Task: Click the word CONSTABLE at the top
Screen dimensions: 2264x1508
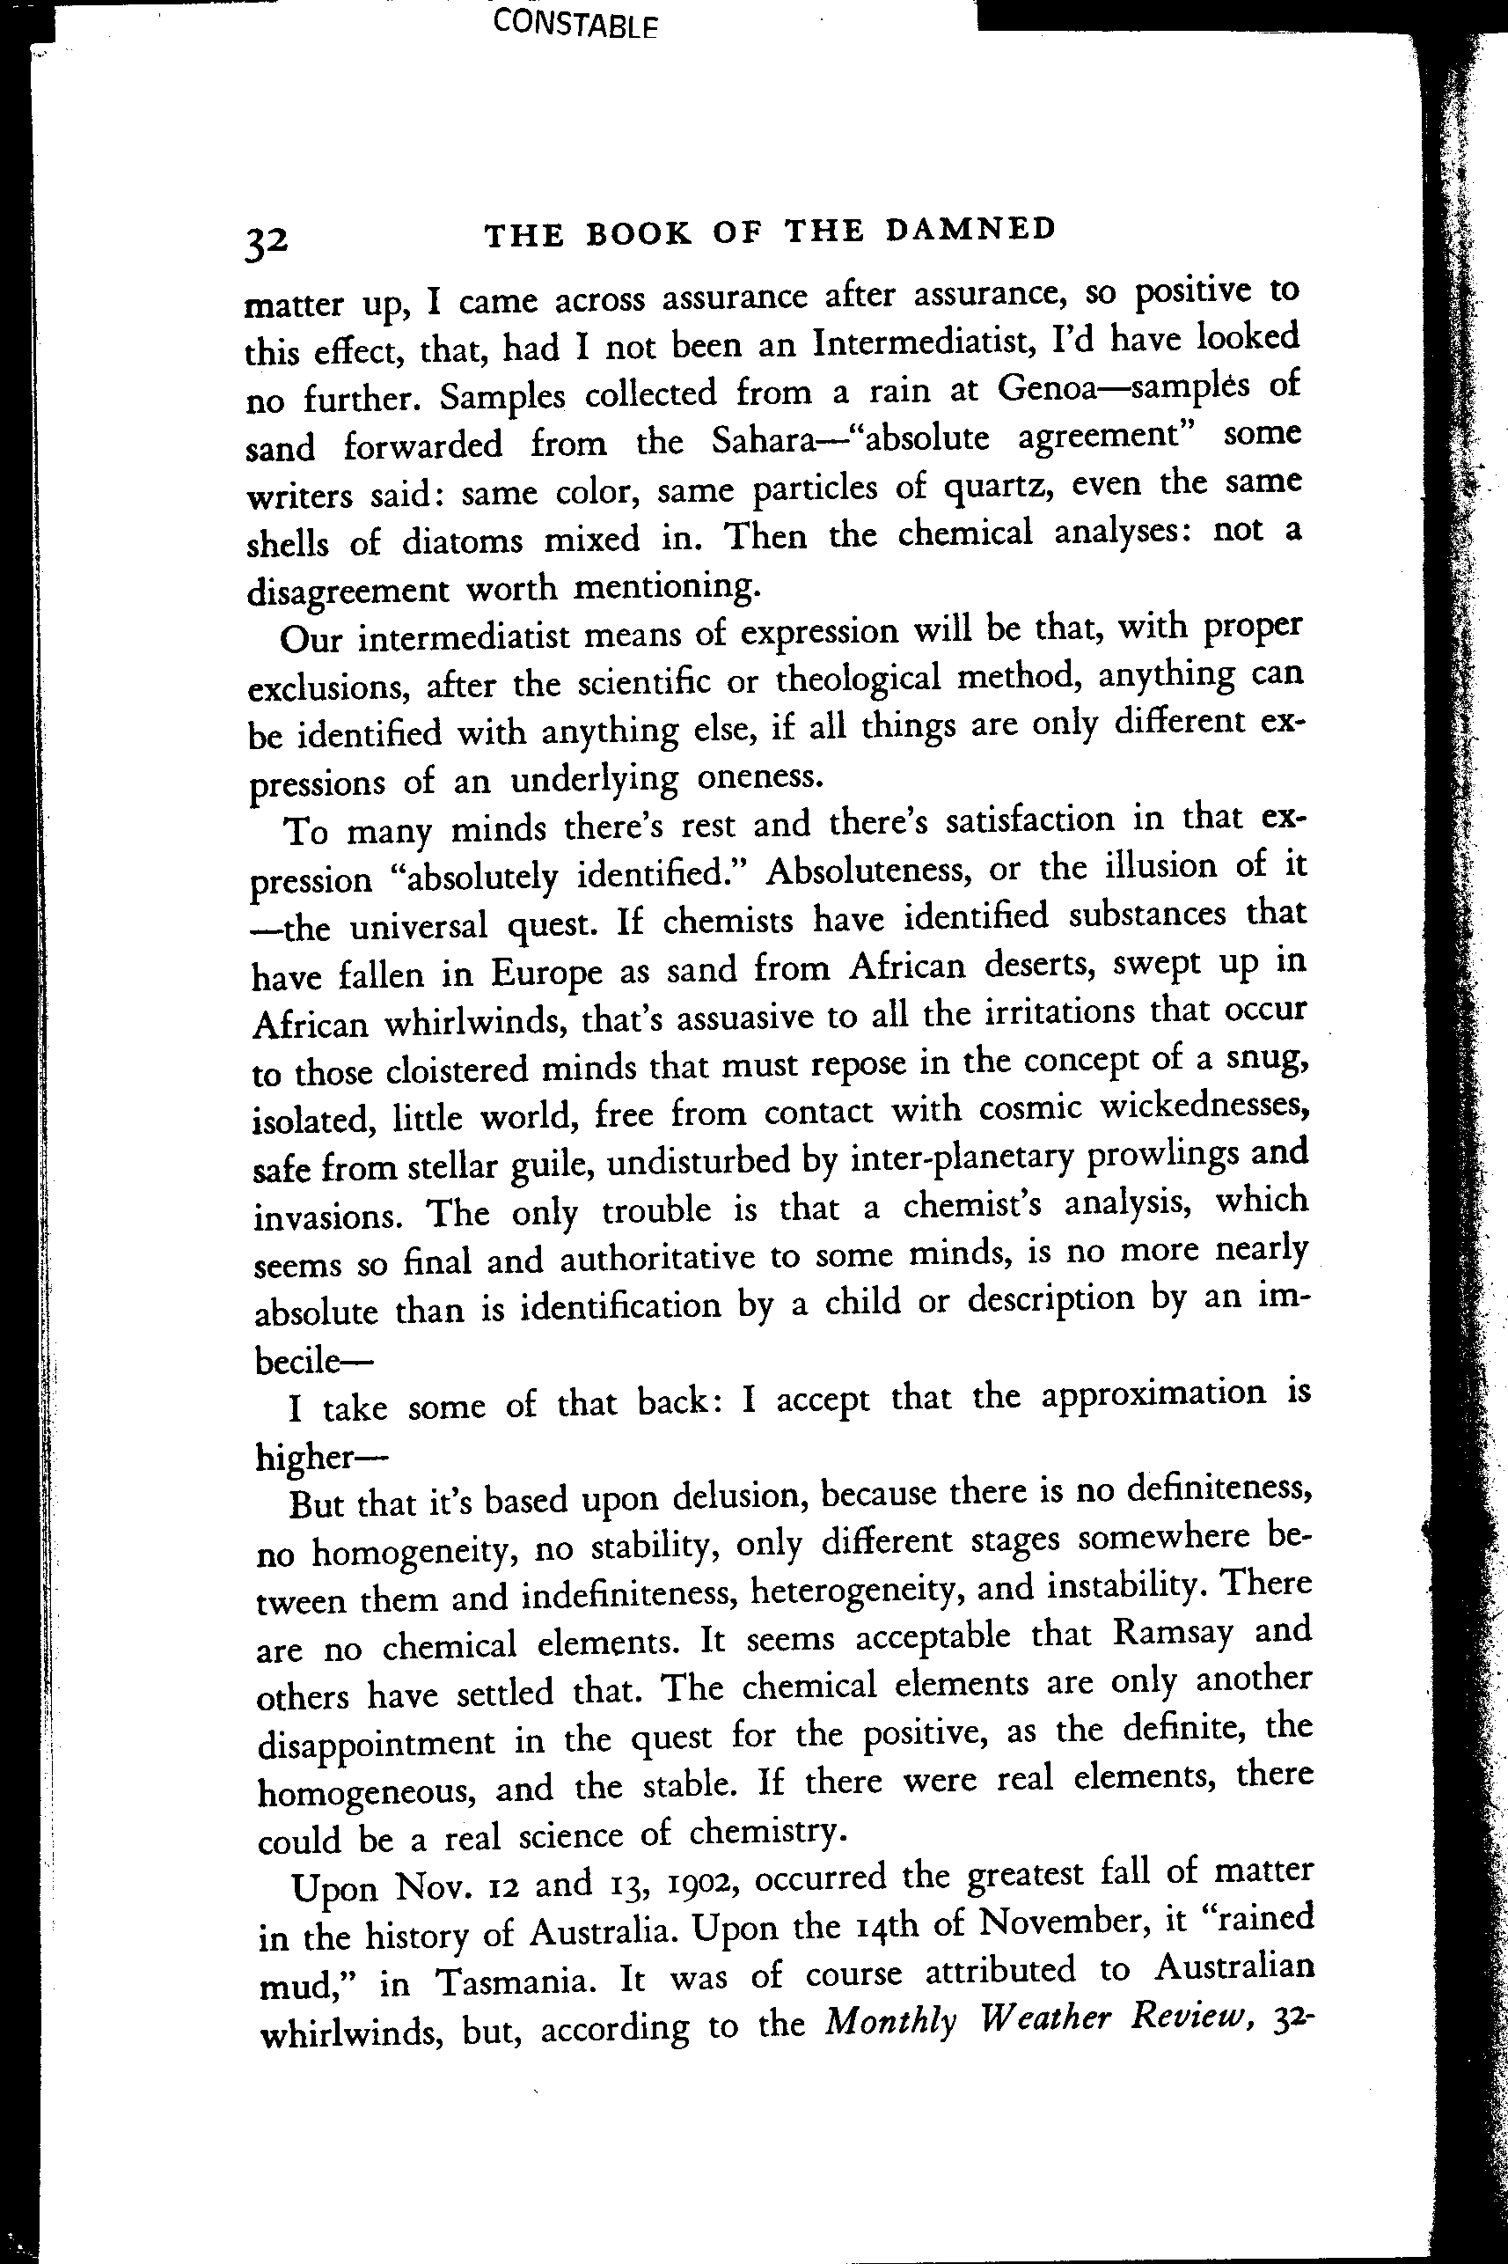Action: click(575, 23)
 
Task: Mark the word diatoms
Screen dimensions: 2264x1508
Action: click(465, 540)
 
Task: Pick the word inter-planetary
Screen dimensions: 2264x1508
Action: click(962, 1158)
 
